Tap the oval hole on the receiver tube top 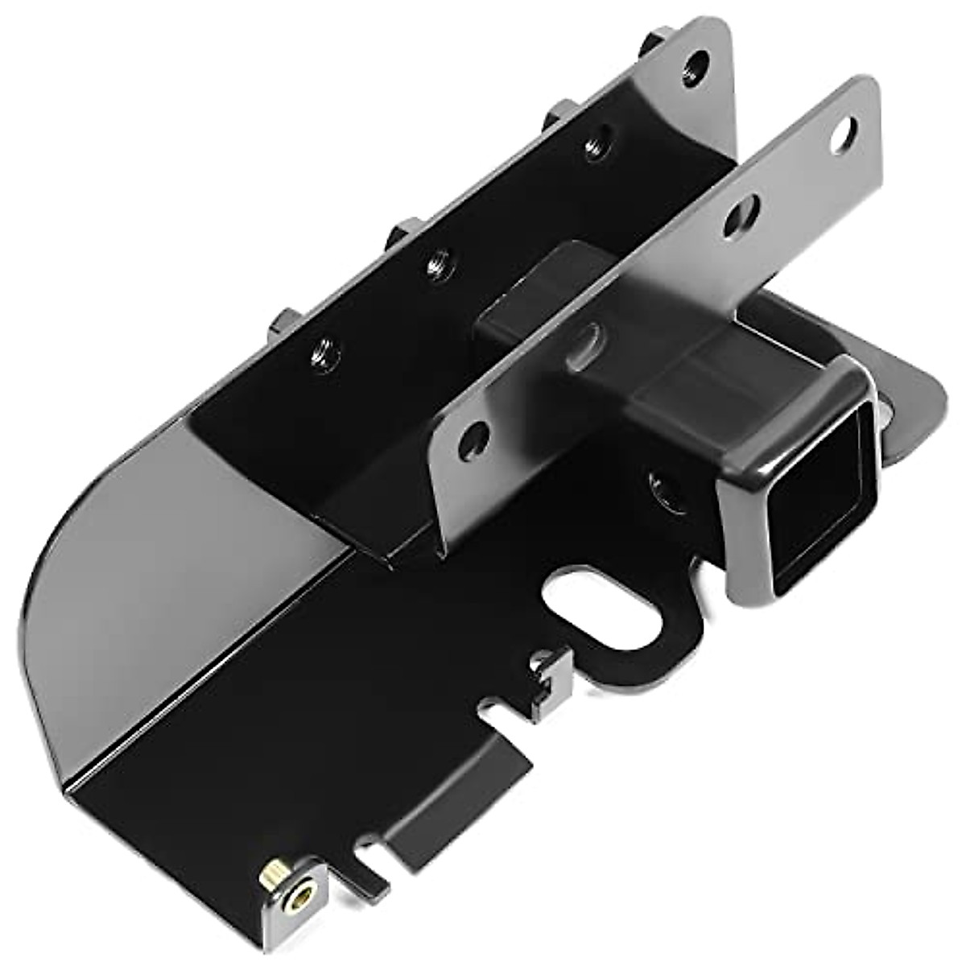592,336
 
